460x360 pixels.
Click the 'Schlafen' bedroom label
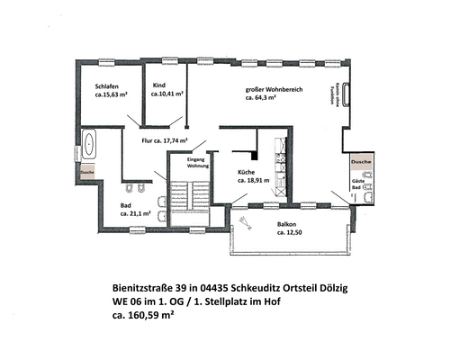(x=96, y=86)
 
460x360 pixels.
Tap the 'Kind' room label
(x=159, y=84)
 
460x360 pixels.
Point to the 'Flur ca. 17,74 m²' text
(x=164, y=141)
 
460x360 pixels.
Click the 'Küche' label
(x=248, y=171)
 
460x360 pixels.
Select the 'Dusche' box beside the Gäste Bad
(x=361, y=161)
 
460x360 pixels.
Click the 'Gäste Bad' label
(x=358, y=186)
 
